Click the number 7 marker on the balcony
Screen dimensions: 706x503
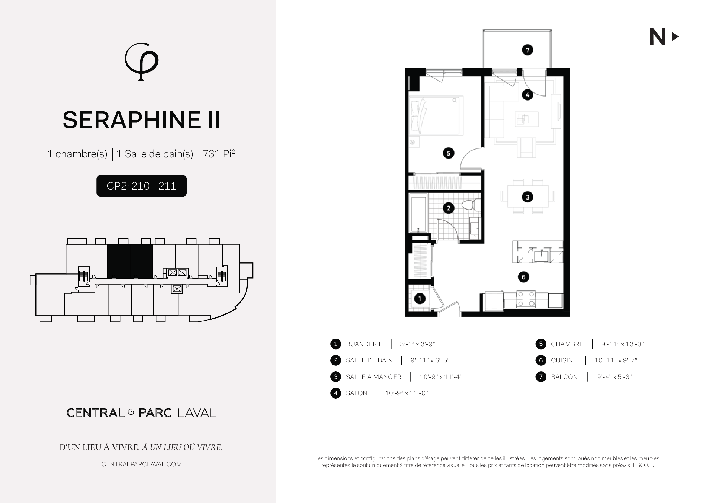coord(527,50)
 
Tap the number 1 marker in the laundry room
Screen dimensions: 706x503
coord(420,298)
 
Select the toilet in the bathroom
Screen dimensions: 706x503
coord(471,205)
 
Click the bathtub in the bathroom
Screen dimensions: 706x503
coord(418,213)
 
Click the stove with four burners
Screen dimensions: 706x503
coord(526,299)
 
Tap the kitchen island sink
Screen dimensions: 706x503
coord(541,256)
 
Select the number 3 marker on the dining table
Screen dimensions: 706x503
coord(528,197)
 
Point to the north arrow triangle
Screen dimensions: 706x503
coord(675,37)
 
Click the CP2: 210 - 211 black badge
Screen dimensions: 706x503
coord(141,186)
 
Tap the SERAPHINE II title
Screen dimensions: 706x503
coord(142,120)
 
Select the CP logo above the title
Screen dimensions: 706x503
coord(142,62)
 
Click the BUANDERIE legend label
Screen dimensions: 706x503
coord(364,344)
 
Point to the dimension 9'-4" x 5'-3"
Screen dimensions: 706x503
coord(614,377)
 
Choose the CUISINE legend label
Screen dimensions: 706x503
coord(564,360)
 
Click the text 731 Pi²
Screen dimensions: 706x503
coord(219,153)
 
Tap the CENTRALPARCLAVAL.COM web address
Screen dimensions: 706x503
coord(141,464)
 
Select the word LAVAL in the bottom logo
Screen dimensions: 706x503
coord(197,413)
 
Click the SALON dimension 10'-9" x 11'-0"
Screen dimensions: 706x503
coord(406,393)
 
